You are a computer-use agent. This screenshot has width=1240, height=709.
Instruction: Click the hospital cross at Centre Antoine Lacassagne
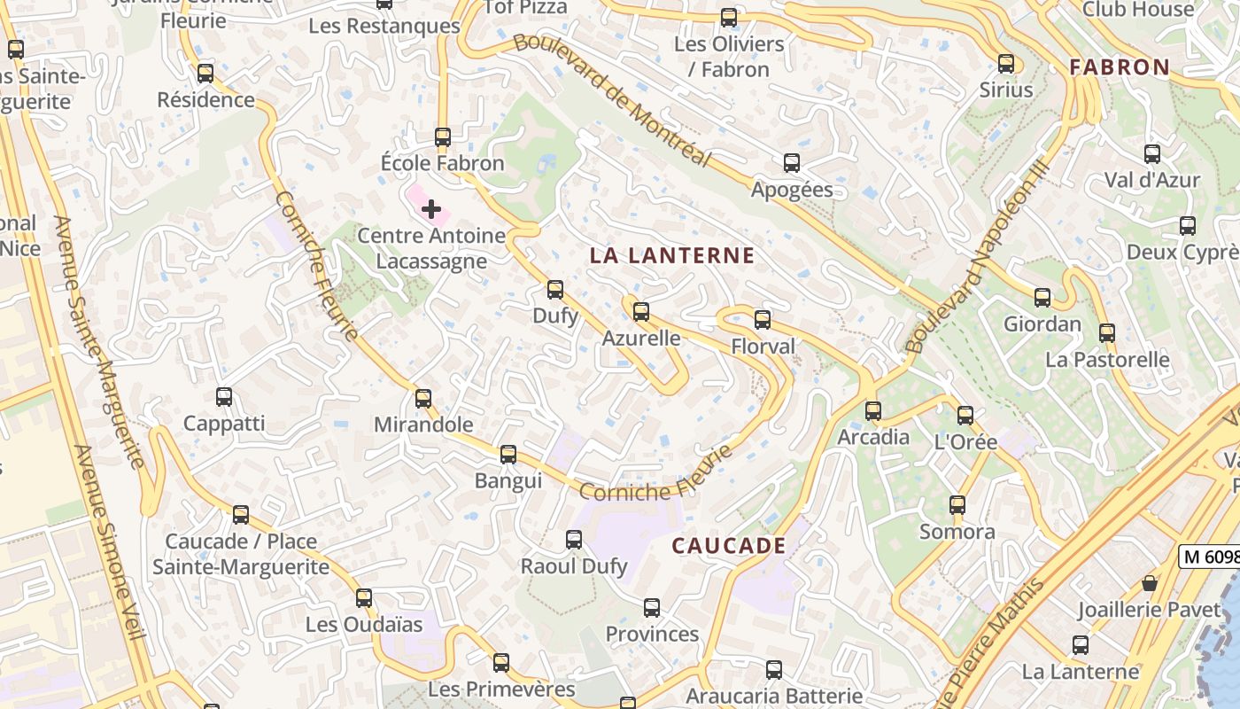coord(431,209)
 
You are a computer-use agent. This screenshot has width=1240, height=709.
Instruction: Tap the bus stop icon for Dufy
coord(555,289)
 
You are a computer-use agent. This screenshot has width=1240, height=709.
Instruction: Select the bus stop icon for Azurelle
coord(641,312)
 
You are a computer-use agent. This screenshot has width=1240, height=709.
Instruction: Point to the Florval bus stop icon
coord(763,320)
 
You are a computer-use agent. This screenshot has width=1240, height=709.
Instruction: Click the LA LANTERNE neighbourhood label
coord(672,256)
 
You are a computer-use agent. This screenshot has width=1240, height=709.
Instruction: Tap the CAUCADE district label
coord(729,546)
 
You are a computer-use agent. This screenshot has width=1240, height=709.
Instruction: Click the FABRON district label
coord(1120,67)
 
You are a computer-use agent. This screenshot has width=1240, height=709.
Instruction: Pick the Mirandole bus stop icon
coord(423,399)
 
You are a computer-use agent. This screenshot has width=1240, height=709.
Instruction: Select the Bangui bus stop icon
coord(508,455)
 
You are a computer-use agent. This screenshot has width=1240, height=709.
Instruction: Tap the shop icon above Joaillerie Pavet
coord(1150,583)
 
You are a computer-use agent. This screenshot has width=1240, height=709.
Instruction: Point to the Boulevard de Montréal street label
coord(612,99)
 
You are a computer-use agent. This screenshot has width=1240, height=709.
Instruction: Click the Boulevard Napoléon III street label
coord(977,257)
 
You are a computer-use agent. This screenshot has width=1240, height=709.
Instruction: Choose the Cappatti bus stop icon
coord(224,397)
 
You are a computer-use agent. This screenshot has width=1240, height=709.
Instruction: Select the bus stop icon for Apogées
coord(792,163)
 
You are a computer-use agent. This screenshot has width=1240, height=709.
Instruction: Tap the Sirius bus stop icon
coord(1006,64)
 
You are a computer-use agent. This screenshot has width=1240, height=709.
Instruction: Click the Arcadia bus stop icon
coord(873,410)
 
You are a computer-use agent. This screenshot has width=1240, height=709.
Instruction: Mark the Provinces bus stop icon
coord(652,608)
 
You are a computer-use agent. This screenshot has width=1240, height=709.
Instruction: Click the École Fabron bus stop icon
coord(443,137)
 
